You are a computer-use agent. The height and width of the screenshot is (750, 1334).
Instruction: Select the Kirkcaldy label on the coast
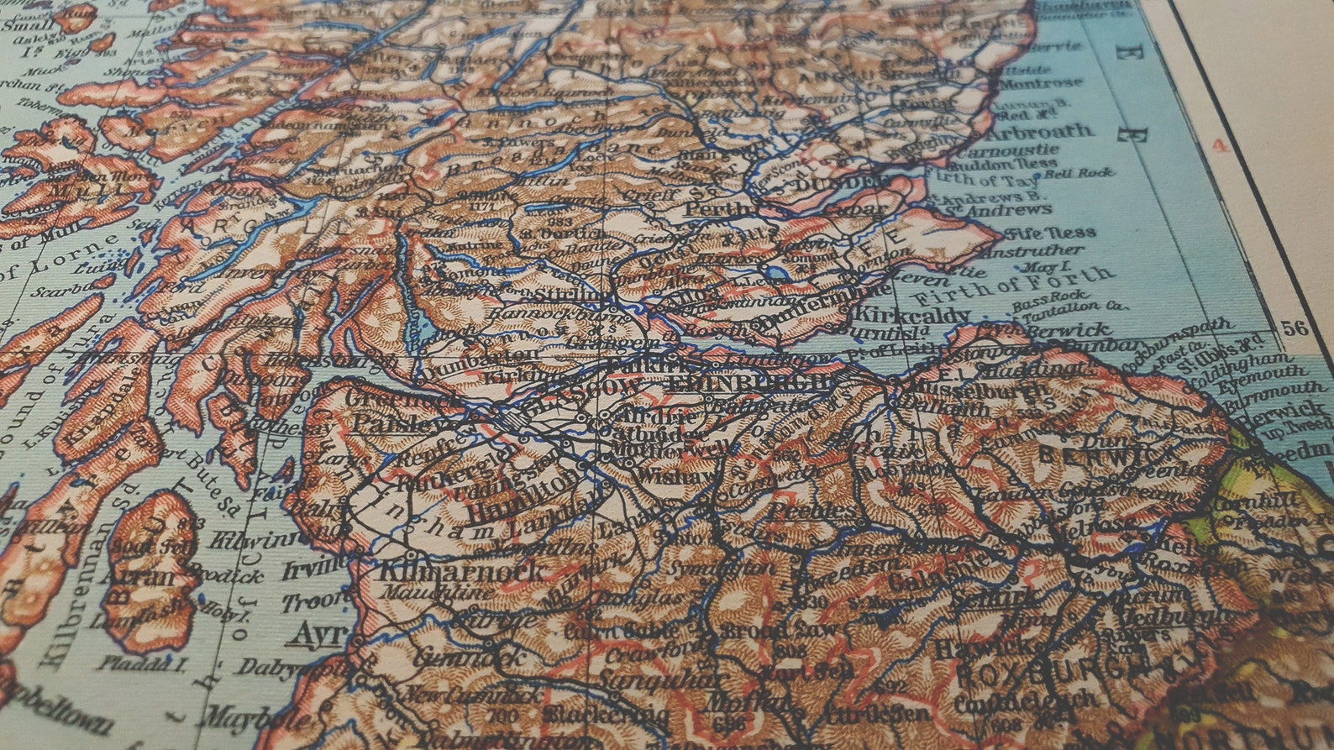pos(911,316)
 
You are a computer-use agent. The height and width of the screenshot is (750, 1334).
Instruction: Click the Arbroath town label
pos(1041,132)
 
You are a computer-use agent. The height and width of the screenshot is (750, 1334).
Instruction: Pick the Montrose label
pos(1041,83)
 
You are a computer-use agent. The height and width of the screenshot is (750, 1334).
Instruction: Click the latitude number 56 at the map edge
pos(1295,328)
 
